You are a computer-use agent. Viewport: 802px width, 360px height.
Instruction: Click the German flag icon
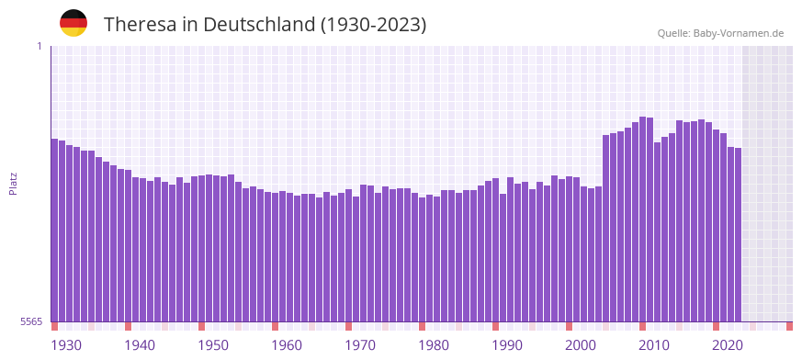pos(73,23)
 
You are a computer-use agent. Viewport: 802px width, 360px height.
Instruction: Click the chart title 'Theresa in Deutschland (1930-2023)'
pos(265,25)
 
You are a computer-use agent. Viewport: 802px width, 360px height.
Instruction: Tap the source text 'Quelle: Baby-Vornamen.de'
pos(720,33)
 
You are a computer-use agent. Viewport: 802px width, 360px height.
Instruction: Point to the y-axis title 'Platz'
pos(13,183)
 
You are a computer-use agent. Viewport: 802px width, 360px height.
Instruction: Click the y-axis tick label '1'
pos(39,46)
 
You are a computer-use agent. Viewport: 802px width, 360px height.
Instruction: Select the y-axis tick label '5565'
pos(30,321)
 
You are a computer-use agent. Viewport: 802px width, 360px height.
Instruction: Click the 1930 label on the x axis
pos(66,345)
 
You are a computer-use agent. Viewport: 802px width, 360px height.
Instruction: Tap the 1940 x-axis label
pos(140,345)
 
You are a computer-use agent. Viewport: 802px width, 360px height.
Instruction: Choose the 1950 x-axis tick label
pos(213,345)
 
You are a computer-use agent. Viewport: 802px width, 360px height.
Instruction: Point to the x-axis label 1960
pos(287,345)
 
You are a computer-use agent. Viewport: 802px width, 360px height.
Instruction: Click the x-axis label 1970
pos(360,345)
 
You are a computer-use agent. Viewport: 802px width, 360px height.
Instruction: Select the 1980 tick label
pos(434,345)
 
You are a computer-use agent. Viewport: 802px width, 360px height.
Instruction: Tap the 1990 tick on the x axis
pos(507,345)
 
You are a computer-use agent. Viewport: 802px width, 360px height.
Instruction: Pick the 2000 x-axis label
pos(581,345)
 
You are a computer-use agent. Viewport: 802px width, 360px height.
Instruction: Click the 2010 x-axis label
pos(654,345)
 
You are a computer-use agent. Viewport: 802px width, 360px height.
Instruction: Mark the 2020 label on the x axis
pos(728,345)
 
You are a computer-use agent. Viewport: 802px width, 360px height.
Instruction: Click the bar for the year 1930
pos(54,230)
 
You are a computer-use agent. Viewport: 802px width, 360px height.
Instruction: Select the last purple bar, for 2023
pos(738,234)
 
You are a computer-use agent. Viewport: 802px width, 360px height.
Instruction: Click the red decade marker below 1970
pos(348,326)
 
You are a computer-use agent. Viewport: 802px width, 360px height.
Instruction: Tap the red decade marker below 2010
pos(642,326)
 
